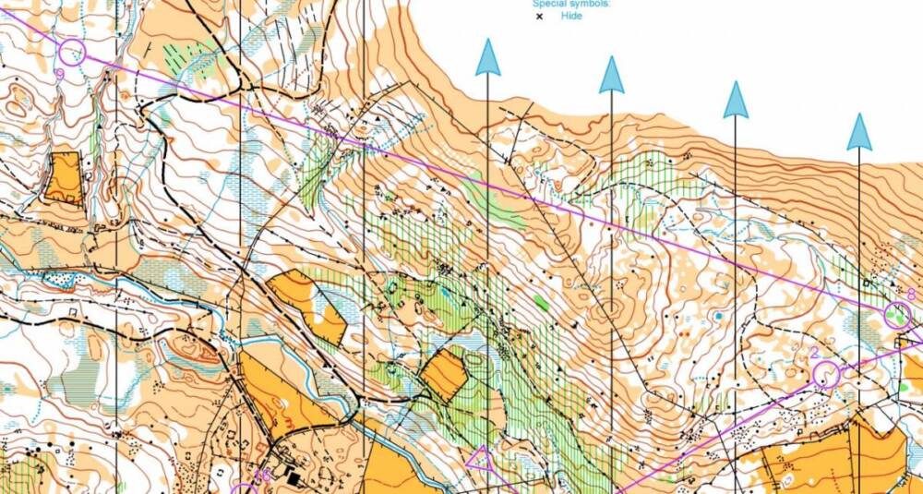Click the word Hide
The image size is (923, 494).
point(571,16)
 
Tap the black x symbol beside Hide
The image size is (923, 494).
point(539,16)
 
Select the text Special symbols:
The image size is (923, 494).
point(571,3)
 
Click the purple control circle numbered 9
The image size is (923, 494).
point(73,53)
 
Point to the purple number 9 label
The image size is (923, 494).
point(60,74)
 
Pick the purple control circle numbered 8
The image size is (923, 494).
point(897,316)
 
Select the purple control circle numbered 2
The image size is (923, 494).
point(827,374)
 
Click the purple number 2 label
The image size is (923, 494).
point(814,354)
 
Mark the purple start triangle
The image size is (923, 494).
point(481,459)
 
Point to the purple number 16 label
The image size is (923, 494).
point(262,476)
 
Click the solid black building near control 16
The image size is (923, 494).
point(294,479)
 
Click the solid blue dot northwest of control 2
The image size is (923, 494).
point(718,317)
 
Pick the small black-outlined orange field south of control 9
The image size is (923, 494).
point(64,177)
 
